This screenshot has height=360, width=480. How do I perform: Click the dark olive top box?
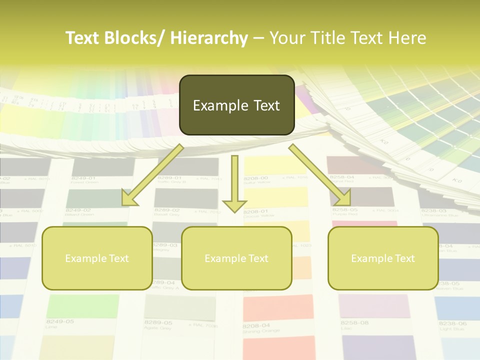point(236,105)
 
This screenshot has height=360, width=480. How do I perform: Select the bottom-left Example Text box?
point(97,258)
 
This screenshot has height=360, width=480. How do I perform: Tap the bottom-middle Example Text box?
point(236,258)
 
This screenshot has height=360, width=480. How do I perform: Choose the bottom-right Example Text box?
point(383,258)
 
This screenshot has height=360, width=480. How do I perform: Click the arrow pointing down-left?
point(152,175)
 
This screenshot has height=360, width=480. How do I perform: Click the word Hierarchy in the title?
point(208,38)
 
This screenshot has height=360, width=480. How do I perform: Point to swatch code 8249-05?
point(60,321)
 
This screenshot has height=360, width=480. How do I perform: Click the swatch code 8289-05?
point(158,322)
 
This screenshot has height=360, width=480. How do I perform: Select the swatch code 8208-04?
point(256,325)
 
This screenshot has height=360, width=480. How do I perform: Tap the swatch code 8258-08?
point(354,323)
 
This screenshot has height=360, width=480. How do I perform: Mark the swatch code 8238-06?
point(453,323)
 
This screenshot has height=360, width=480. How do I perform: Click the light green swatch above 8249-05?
point(83,305)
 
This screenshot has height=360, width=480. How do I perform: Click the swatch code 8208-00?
point(255,178)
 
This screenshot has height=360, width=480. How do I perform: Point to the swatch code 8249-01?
point(83,178)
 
